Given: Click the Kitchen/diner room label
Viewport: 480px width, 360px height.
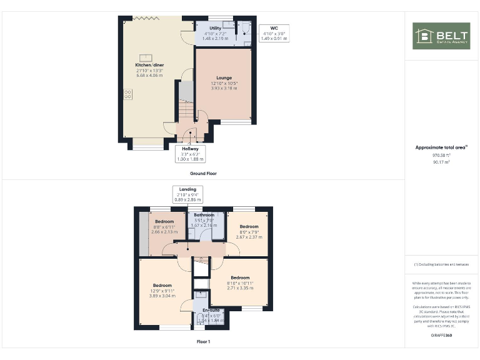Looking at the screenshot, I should click(x=150, y=65).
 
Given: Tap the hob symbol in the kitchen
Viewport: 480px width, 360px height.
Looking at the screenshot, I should click(x=128, y=94).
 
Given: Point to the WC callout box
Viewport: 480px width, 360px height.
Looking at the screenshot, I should click(x=275, y=33).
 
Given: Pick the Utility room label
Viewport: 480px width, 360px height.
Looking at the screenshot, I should click(x=216, y=28).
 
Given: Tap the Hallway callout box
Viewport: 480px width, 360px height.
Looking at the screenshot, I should click(x=190, y=152).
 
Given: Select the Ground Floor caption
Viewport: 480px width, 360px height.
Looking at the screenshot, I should click(x=203, y=173).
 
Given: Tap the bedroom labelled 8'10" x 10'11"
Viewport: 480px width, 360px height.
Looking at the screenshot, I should click(x=240, y=277).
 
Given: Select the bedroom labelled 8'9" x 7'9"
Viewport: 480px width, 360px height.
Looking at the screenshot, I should click(x=249, y=226).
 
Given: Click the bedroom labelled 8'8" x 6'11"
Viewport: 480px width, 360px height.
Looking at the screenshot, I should click(x=164, y=221).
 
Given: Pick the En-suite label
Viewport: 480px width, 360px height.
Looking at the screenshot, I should click(x=211, y=310).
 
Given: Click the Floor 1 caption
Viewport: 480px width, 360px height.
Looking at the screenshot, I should click(x=203, y=342).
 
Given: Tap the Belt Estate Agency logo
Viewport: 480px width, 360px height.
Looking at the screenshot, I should click(x=441, y=36).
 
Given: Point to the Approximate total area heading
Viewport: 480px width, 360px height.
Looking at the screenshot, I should click(x=441, y=147).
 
